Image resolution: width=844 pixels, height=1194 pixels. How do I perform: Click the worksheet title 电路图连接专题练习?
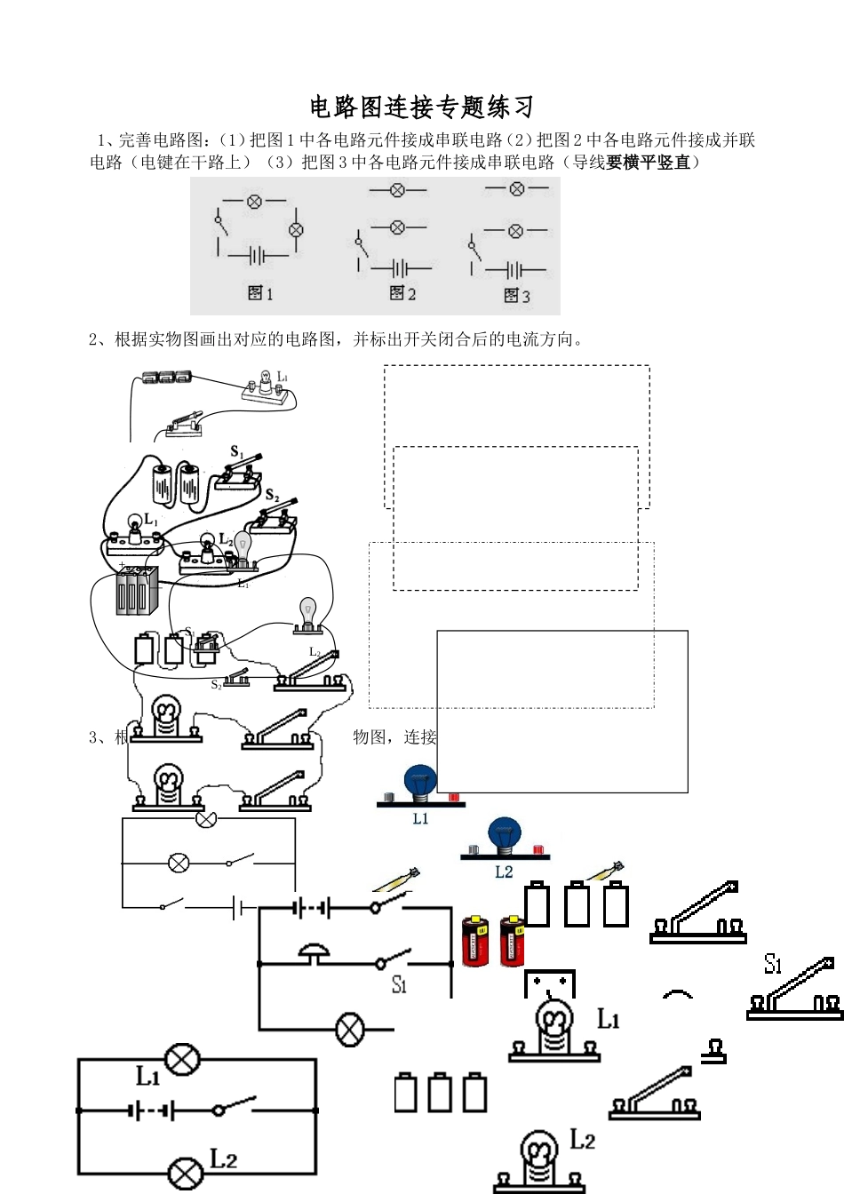click(x=422, y=107)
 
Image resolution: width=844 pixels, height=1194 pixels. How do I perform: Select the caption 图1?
click(x=260, y=293)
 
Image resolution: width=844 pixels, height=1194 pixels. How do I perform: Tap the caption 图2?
click(x=402, y=293)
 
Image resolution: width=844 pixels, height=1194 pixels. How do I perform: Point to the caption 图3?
click(x=516, y=295)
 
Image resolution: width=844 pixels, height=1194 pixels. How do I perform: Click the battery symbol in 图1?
click(x=257, y=256)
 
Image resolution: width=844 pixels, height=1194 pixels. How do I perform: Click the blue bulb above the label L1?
click(x=420, y=782)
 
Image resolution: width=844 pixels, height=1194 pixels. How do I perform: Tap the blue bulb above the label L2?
click(x=504, y=835)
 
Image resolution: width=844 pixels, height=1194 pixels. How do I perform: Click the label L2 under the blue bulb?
click(x=504, y=872)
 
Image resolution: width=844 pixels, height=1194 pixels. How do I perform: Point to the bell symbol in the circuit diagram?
click(x=314, y=952)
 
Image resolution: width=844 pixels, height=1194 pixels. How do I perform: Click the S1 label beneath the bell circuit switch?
click(x=399, y=984)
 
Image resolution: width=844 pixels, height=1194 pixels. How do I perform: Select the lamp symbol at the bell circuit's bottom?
click(x=350, y=1030)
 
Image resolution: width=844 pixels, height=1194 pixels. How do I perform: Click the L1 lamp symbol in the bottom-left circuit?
click(x=184, y=1059)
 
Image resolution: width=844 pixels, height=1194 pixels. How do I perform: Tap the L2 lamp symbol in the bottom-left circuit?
click(x=184, y=1173)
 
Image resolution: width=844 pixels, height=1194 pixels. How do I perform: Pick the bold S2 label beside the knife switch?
click(x=272, y=496)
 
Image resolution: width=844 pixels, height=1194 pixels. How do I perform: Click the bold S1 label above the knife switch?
click(x=236, y=453)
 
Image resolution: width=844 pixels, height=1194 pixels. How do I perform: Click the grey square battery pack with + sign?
click(x=138, y=590)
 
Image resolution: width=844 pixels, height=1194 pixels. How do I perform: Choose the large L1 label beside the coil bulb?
click(x=608, y=1019)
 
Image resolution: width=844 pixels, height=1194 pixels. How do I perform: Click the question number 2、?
click(x=98, y=339)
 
